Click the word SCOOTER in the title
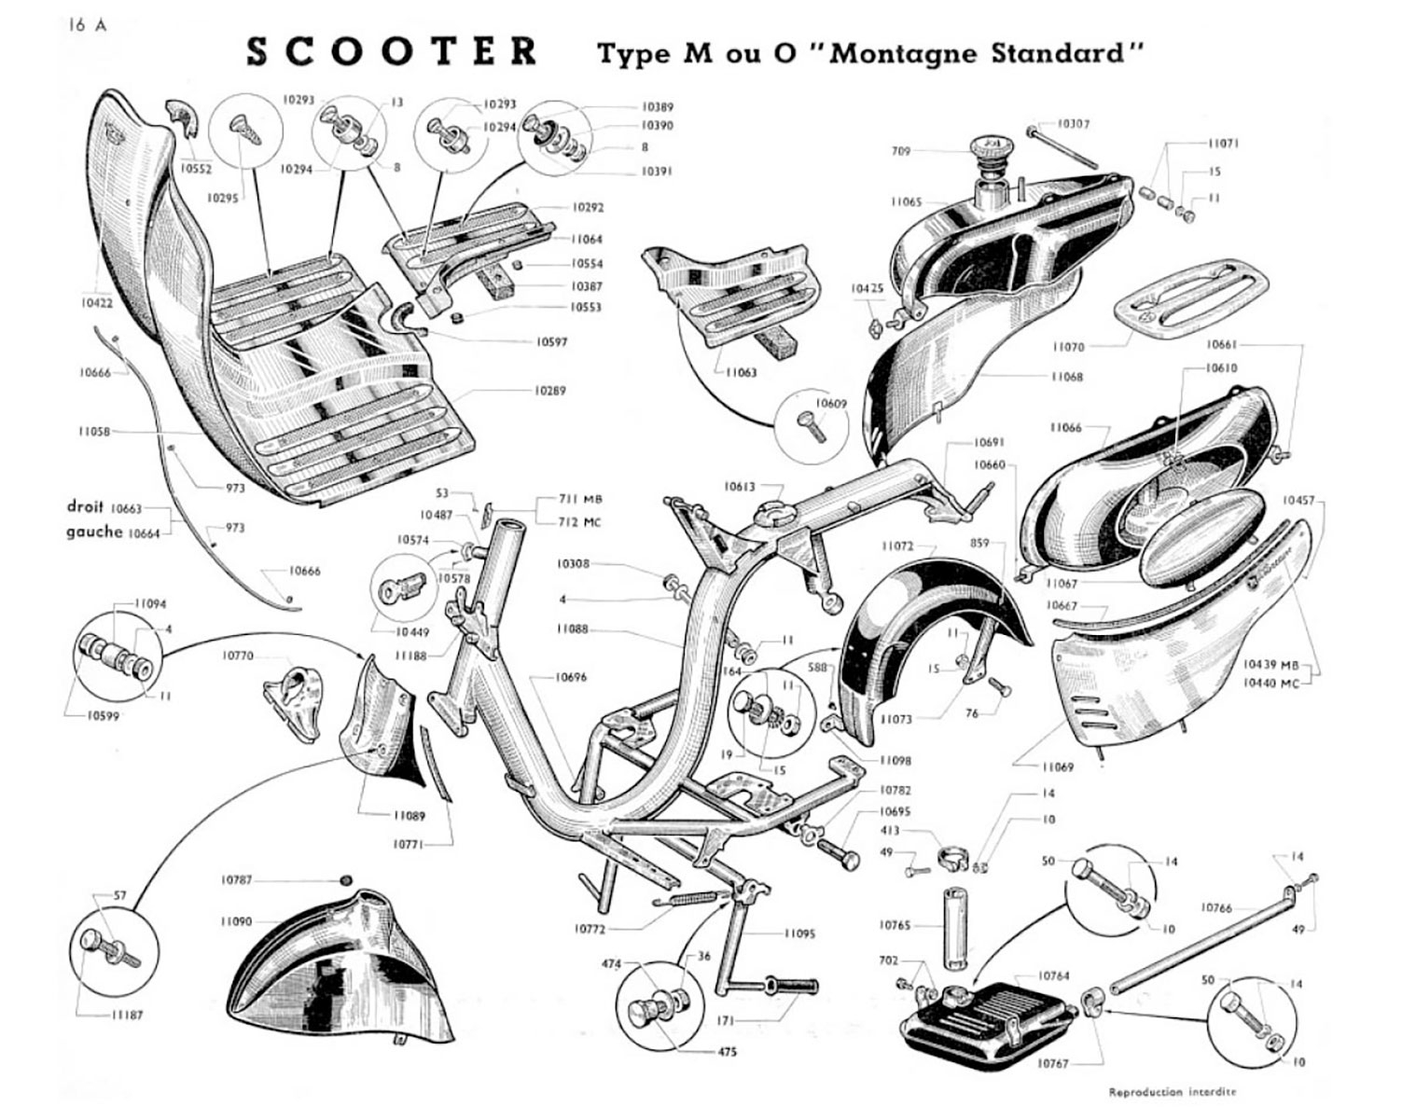pyautogui.click(x=392, y=52)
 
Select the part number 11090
pyautogui.click(x=236, y=921)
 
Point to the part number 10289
pyautogui.click(x=549, y=391)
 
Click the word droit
pyautogui.click(x=85, y=506)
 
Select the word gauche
pyautogui.click(x=93, y=532)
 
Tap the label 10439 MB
pyautogui.click(x=1270, y=665)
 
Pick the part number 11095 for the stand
pyautogui.click(x=799, y=932)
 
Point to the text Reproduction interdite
pyautogui.click(x=1172, y=1092)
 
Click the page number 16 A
pyautogui.click(x=87, y=25)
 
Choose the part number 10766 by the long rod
pyautogui.click(x=1216, y=906)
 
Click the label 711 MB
pyautogui.click(x=580, y=499)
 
